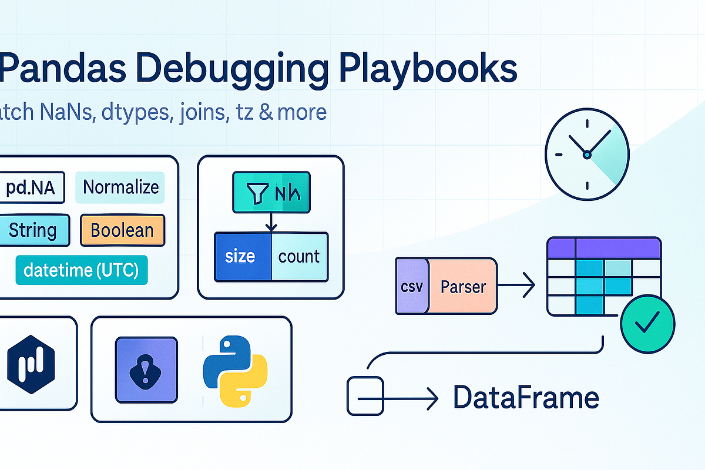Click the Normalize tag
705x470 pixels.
120,187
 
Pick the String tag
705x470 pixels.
33,230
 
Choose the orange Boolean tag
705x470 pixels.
122,230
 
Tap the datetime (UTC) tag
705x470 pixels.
81,270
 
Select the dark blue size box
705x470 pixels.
242,256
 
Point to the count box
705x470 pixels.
299,256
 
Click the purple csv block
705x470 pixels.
412,287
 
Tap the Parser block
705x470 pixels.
463,287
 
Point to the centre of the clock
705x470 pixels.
586,155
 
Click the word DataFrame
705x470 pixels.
526,398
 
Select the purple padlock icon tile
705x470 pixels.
146,370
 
